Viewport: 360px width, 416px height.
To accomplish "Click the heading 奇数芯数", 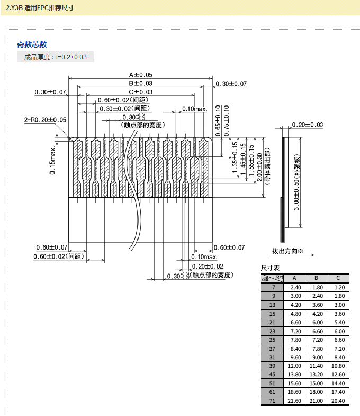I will click(x=32, y=45).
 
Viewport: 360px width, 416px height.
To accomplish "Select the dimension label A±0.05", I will click(x=140, y=75).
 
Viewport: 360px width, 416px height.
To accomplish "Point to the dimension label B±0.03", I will click(x=140, y=83).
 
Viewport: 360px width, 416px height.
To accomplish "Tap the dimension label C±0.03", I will click(x=140, y=92).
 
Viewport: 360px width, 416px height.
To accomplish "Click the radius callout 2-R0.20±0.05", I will click(x=46, y=120).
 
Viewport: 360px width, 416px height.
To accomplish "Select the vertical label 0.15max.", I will click(x=53, y=161).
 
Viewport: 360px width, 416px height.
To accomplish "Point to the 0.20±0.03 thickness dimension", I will click(x=307, y=125).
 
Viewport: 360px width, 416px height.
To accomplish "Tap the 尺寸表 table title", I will click(x=271, y=268).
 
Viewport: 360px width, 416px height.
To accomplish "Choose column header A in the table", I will click(x=294, y=278).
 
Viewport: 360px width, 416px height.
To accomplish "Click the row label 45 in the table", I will click(x=273, y=374).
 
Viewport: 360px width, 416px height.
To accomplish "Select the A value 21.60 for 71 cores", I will click(x=294, y=401).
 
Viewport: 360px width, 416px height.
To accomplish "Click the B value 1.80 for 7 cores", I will click(x=317, y=287).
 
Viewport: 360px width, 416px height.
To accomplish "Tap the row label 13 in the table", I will click(x=273, y=305).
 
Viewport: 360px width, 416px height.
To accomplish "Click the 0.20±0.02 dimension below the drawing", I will click(x=207, y=266).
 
